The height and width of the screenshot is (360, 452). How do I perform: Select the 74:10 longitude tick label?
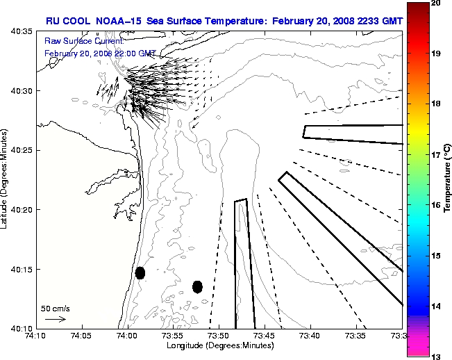36,336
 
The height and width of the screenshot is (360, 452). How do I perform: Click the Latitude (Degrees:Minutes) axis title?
6,179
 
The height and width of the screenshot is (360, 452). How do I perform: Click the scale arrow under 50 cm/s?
55,319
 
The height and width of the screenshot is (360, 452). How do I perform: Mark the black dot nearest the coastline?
140,272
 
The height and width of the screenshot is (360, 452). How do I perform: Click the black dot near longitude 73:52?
197,286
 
